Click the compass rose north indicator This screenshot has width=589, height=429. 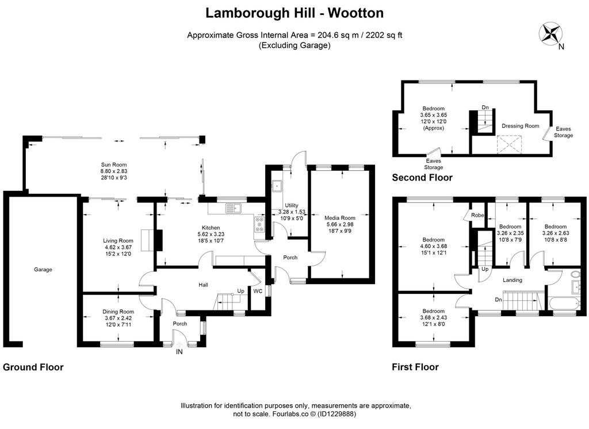tap(550, 34)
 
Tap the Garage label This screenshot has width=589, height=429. tap(43, 269)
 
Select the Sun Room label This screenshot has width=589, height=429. tap(114, 164)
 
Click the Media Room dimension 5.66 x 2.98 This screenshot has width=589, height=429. tap(340, 224)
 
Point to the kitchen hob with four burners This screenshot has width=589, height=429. tap(259, 224)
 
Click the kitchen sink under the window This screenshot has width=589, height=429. tap(234, 208)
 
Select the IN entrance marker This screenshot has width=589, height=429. tap(179, 352)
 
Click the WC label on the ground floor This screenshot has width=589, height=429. tap(258, 291)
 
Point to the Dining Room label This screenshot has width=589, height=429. tap(118, 312)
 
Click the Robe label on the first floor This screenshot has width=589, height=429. tap(477, 215)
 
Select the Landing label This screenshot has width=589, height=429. tap(512, 280)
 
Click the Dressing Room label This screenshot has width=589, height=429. tap(520, 126)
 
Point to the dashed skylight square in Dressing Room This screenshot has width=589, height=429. tap(510, 144)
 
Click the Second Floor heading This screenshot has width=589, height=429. tap(422, 177)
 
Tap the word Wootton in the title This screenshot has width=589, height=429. tap(355, 13)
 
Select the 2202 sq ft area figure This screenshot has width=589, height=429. tap(384, 35)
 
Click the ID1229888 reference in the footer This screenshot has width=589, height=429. tap(336, 414)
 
